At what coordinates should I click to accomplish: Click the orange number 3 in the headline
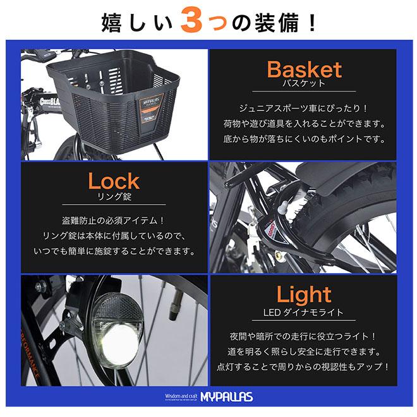pos(194,22)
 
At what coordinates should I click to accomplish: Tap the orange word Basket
pos(304,69)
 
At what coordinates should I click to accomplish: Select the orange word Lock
pos(114,181)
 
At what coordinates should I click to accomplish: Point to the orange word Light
pos(303,294)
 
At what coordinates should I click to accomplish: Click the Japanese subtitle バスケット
pos(304,83)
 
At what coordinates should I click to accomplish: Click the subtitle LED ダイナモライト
pos(303,311)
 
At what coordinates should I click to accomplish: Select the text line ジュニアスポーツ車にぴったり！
pos(303,109)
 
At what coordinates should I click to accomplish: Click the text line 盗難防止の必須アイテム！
pos(114,221)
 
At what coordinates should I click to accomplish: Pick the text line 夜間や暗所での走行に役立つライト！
pos(303,336)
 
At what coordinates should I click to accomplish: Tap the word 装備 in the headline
pos(272,22)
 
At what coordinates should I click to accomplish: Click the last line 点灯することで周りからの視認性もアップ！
pos(303,366)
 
